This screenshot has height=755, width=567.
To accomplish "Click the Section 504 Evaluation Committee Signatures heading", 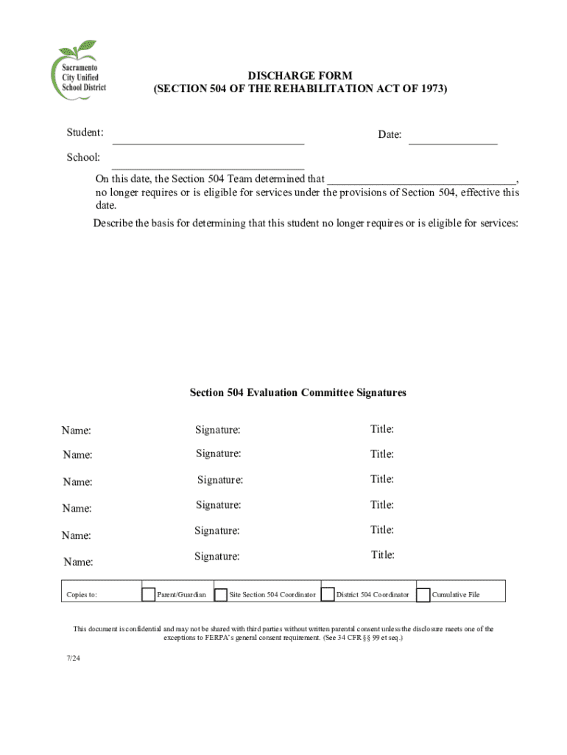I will (297, 393).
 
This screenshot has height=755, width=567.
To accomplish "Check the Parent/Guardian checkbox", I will (148, 594).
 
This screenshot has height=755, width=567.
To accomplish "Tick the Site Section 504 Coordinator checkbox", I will (220, 594).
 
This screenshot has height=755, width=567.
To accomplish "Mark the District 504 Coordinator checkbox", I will (328, 594).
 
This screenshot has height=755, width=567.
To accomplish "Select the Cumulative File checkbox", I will (423, 594).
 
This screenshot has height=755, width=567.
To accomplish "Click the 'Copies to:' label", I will (82, 595).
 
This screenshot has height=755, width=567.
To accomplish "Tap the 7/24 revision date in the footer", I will (71, 658).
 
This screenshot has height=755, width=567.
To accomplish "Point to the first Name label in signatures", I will (77, 431).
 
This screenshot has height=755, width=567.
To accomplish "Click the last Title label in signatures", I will (383, 554).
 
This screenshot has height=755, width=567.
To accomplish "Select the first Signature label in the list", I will (217, 430).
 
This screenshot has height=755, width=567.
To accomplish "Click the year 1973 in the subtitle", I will (429, 89).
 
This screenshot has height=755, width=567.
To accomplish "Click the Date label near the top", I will (390, 135).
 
